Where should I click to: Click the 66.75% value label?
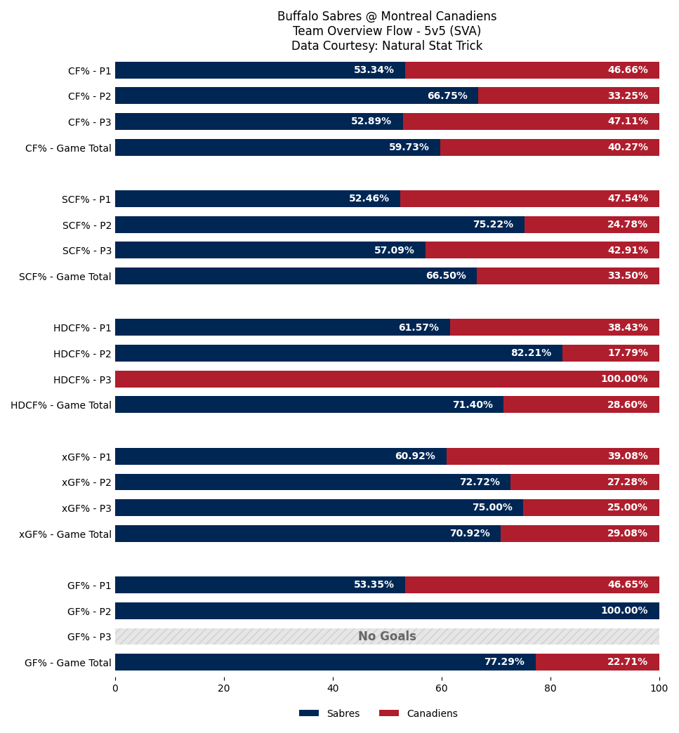(447, 95)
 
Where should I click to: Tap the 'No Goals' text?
(387, 636)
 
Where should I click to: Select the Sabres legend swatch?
(309, 713)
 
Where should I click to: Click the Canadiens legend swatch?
(389, 713)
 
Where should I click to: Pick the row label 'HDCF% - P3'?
(82, 380)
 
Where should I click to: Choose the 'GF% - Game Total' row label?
(68, 662)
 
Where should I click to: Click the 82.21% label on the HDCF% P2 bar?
(532, 352)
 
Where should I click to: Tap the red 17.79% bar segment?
(611, 353)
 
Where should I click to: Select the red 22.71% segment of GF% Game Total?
(598, 662)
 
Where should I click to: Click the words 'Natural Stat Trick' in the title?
(432, 46)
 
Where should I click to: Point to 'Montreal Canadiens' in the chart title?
(439, 16)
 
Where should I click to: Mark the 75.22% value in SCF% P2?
(494, 224)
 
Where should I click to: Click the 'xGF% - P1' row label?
(86, 457)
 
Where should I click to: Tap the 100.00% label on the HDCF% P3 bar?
(624, 378)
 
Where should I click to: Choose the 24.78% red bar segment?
(592, 225)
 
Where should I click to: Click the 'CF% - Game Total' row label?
(68, 148)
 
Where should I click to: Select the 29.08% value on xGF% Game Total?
(628, 533)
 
